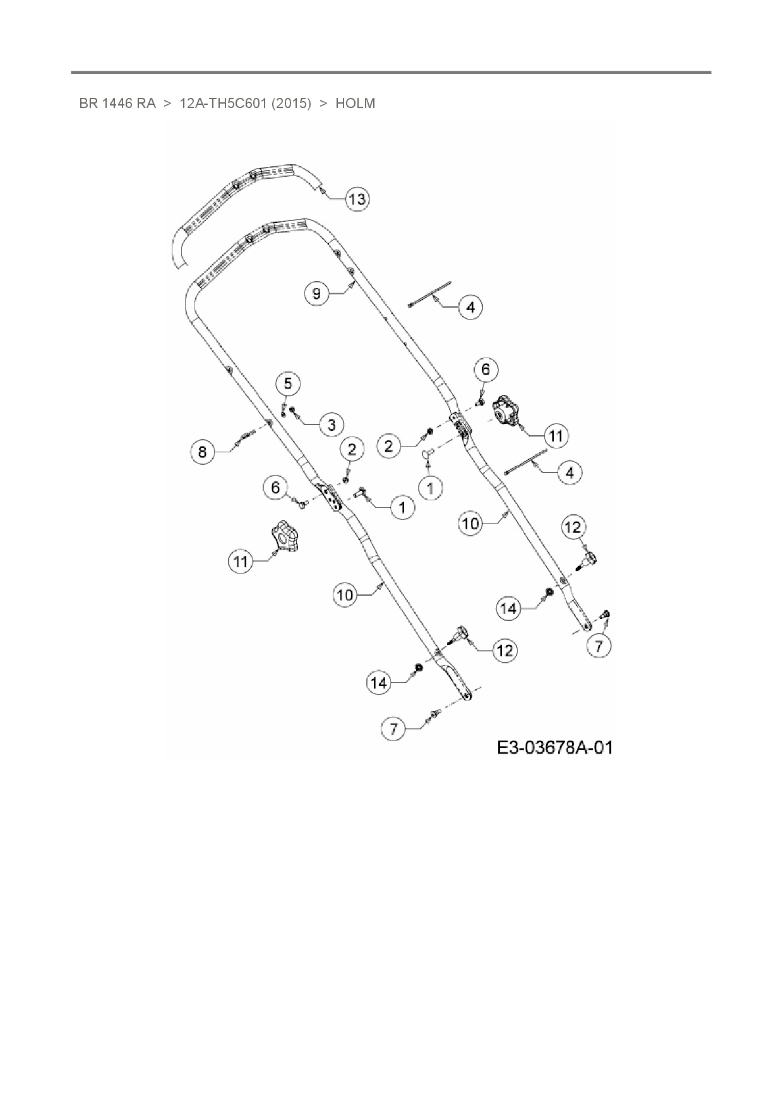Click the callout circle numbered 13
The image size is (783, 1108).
[x=357, y=199]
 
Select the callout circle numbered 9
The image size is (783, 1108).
[x=317, y=293]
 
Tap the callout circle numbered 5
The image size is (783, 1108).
[x=288, y=383]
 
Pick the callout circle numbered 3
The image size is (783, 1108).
[x=332, y=424]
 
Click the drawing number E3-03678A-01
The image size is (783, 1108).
[x=554, y=748]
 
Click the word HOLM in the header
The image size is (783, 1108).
[x=355, y=104]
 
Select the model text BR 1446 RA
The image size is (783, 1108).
[x=117, y=104]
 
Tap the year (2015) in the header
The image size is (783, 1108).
[x=291, y=104]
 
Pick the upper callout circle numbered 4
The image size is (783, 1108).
[x=470, y=308]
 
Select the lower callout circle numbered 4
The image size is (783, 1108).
[x=570, y=473]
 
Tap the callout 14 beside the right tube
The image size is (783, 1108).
[x=508, y=608]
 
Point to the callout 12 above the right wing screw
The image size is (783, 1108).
[x=573, y=527]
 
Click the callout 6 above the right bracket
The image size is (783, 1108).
[x=486, y=369]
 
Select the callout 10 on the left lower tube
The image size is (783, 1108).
[x=345, y=595]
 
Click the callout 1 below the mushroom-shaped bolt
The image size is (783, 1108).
[x=431, y=488]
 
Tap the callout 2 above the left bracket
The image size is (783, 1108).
[x=352, y=449]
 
